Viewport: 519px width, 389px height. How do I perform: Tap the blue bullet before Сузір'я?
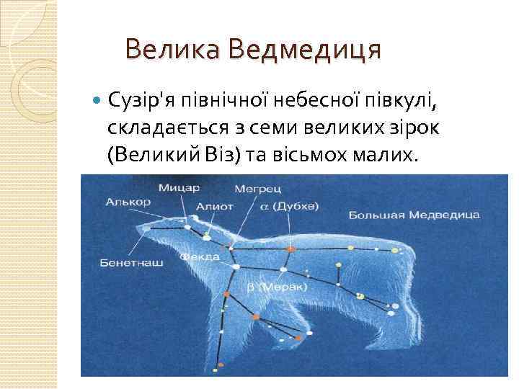[x=99, y=99]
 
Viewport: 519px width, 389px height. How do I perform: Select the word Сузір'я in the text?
[x=145, y=99]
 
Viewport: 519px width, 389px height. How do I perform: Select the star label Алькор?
[x=128, y=202]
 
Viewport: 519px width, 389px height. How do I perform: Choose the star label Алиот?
[x=214, y=206]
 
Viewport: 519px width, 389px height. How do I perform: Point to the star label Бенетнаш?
[x=131, y=263]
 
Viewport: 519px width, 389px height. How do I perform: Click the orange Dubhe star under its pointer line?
[x=290, y=249]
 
